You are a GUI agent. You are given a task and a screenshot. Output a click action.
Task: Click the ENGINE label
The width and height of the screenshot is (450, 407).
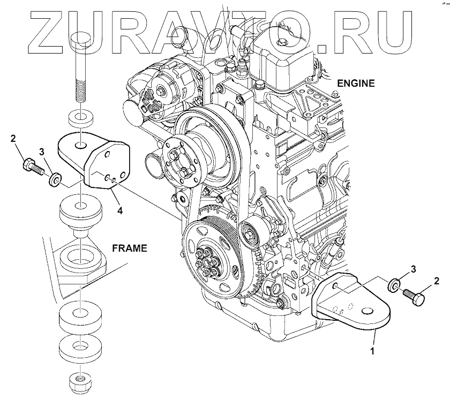[x=356, y=83]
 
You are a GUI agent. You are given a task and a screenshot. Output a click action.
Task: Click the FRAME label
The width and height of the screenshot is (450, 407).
[x=130, y=248]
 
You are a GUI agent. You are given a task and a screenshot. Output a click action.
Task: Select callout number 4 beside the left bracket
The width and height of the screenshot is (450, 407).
[x=120, y=211]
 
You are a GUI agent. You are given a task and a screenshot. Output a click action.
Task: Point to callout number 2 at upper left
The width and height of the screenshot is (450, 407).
[x=13, y=140]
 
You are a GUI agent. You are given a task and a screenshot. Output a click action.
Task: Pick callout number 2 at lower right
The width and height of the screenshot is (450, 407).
[x=436, y=280]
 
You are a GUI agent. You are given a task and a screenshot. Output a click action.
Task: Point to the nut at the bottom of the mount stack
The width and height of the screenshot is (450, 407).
[x=79, y=382]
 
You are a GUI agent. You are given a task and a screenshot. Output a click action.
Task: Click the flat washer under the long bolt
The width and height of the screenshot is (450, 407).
[x=79, y=117]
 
